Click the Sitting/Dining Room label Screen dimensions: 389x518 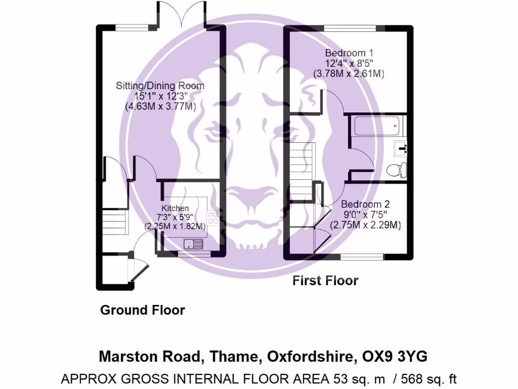pyautogui.click(x=160, y=86)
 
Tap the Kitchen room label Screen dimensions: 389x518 pyautogui.click(x=175, y=208)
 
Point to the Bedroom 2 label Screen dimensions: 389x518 pyautogui.click(x=365, y=204)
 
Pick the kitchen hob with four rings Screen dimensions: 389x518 pyautogui.click(x=213, y=217)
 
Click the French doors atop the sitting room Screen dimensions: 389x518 pyautogui.click(x=180, y=14)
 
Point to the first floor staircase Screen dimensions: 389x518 pyautogui.click(x=301, y=172)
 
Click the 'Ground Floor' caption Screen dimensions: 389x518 pyautogui.click(x=143, y=310)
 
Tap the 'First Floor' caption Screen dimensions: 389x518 pyautogui.click(x=325, y=281)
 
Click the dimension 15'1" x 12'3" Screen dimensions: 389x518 pyautogui.click(x=160, y=96)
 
